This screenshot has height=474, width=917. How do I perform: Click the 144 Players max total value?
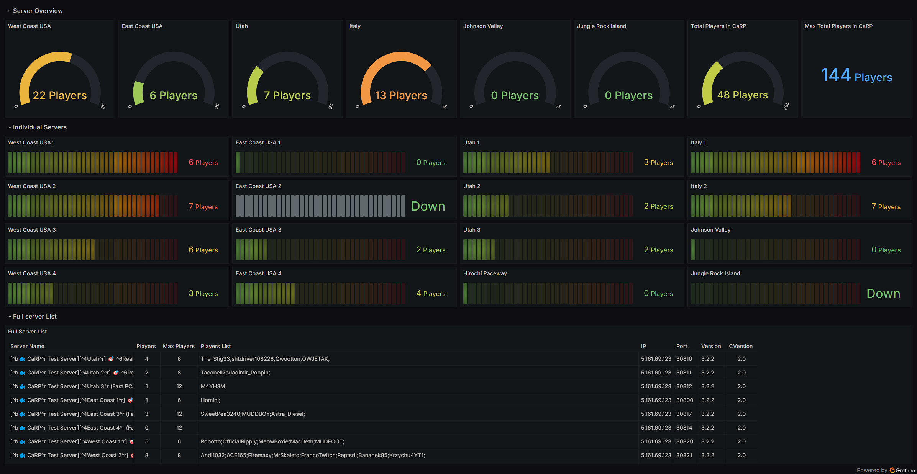(856, 75)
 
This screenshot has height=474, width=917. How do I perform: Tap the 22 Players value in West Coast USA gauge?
(60, 95)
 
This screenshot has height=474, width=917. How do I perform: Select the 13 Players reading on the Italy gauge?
(401, 95)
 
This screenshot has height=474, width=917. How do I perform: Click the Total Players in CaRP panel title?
(719, 26)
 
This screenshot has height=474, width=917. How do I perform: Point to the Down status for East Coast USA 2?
(428, 206)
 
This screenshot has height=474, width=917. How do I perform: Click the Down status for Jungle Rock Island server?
(883, 293)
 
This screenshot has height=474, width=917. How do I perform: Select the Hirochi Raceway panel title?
(485, 273)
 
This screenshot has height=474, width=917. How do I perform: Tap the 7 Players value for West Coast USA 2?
(203, 206)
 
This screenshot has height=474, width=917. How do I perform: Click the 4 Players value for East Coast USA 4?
(431, 293)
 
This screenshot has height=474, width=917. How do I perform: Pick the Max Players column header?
(179, 346)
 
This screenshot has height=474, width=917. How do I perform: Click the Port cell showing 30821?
(684, 455)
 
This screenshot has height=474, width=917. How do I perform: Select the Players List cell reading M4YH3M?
(214, 386)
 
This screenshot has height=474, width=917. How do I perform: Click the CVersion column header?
(741, 346)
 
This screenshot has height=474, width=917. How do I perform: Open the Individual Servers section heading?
(40, 127)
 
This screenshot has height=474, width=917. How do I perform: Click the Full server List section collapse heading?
(35, 316)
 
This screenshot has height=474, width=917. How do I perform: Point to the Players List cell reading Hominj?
(210, 400)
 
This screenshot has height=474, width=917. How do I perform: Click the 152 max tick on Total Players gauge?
(786, 106)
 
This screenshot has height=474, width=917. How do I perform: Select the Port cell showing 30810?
(684, 359)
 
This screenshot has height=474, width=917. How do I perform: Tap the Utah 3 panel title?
(472, 230)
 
